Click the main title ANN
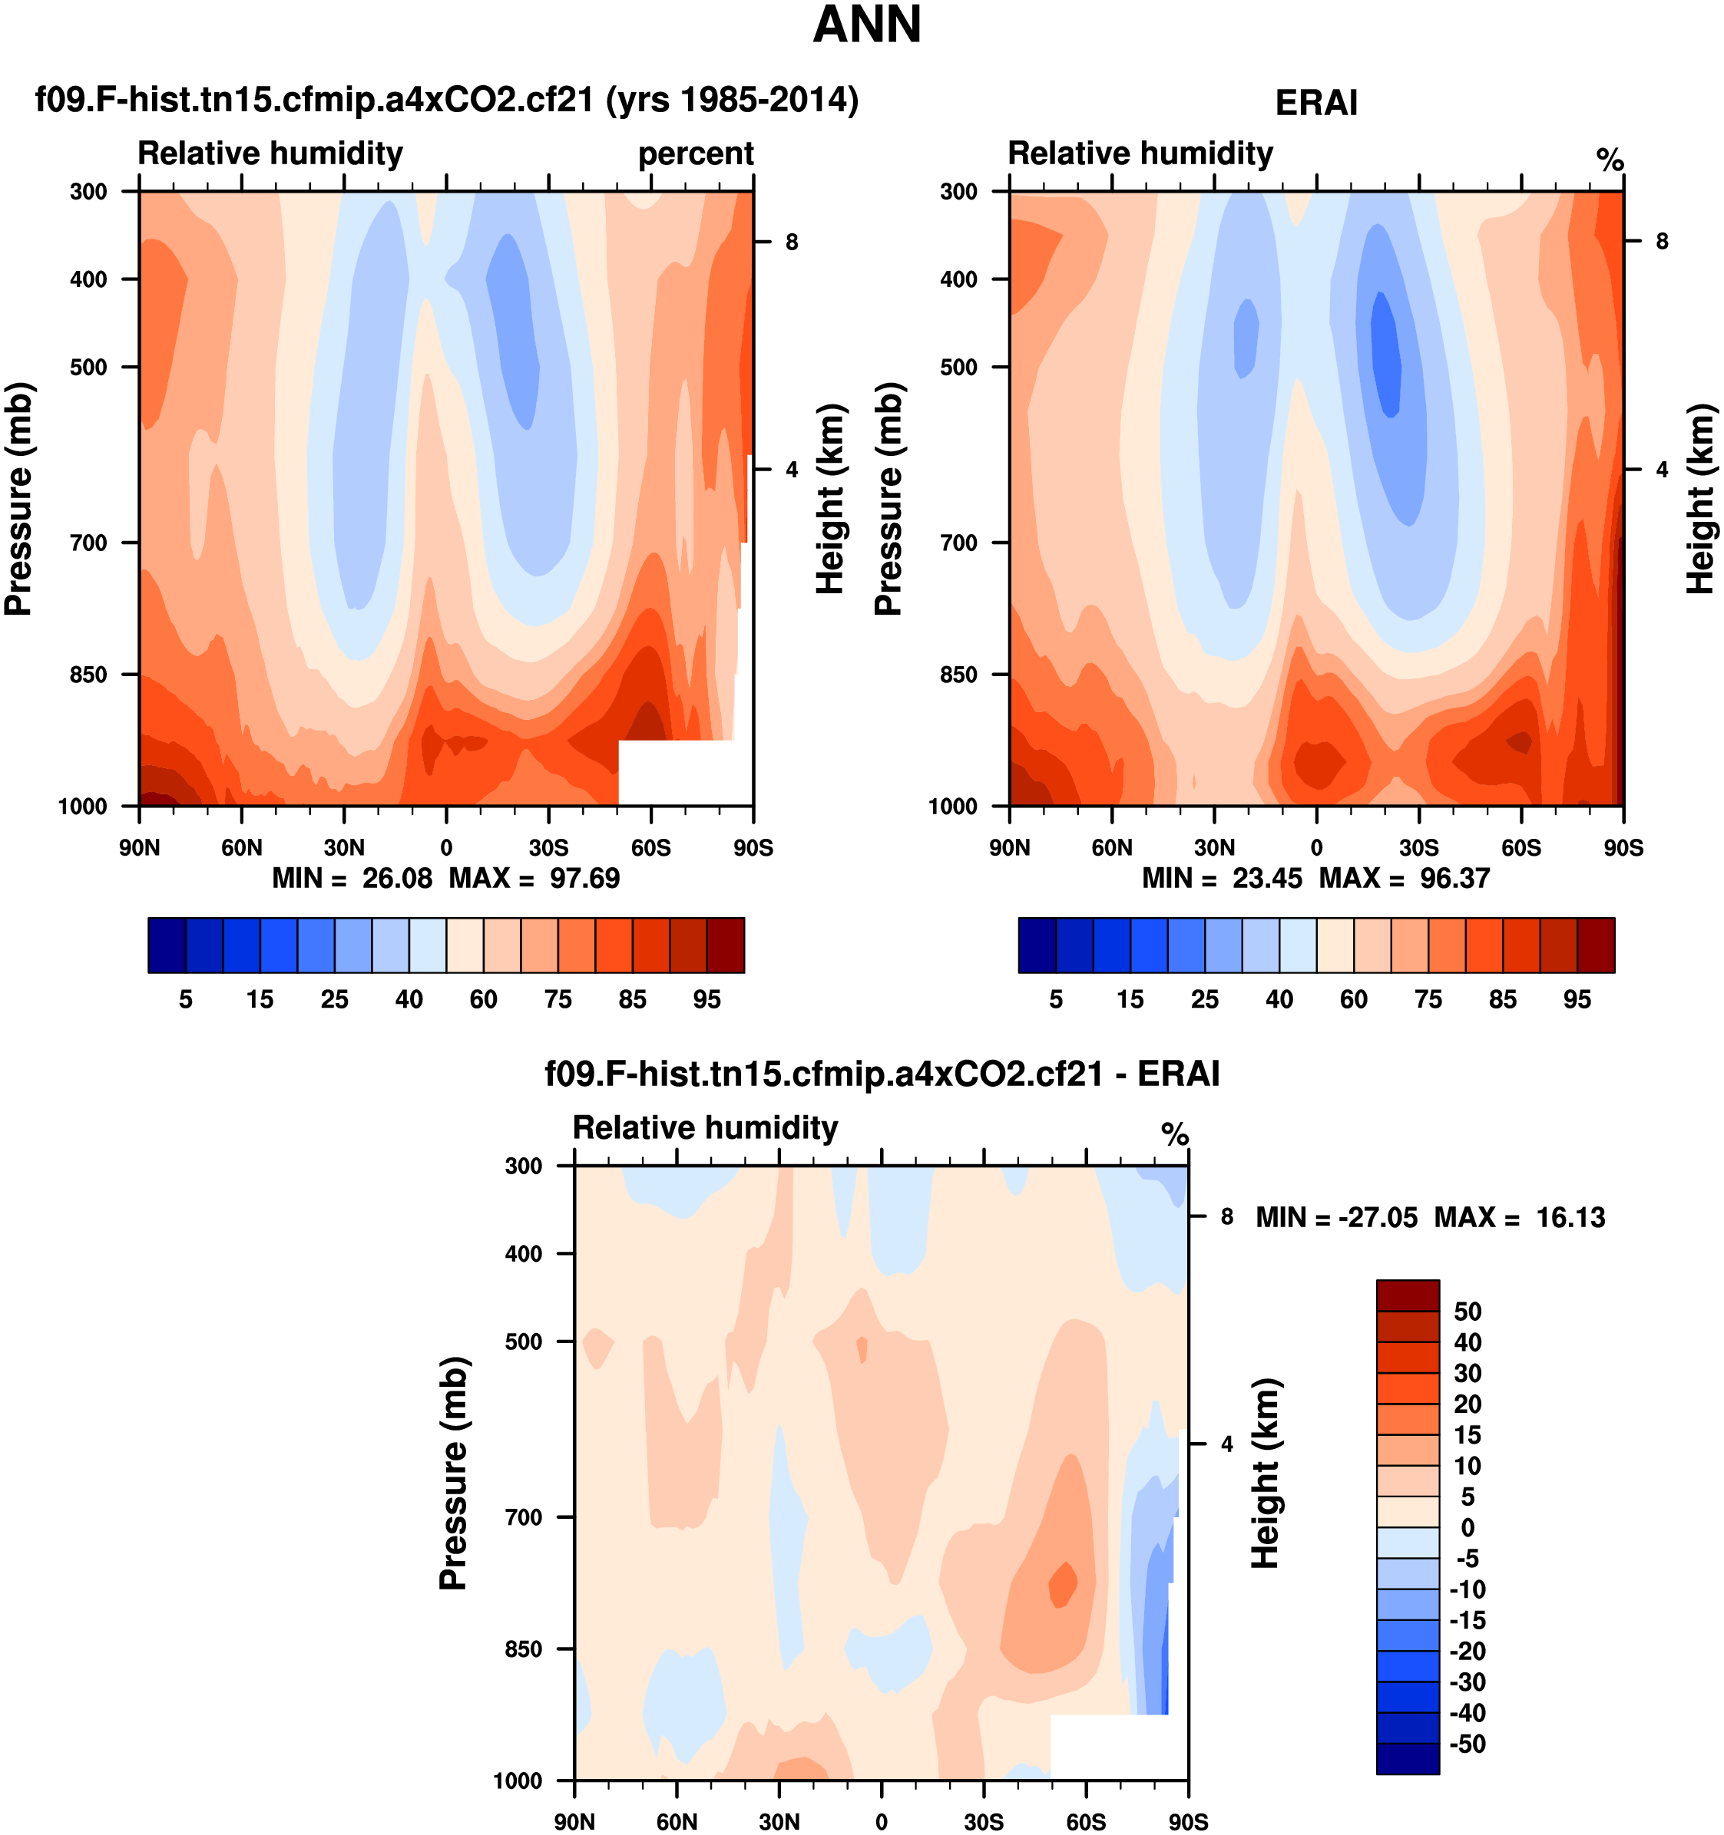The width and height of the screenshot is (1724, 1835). coord(866,25)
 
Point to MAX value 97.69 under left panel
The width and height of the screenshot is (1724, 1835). coord(584,878)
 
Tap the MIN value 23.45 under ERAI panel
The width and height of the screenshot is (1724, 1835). coord(1267,878)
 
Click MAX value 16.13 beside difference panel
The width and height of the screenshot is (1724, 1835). coord(1570,1217)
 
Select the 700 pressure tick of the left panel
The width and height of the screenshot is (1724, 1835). coord(88,543)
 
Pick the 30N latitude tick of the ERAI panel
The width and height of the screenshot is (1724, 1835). coord(1213,847)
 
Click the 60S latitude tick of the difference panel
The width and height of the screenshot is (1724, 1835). coord(1085,1821)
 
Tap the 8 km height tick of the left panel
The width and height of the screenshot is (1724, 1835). coord(792,242)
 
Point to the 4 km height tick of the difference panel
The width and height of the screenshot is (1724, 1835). coord(1226,1444)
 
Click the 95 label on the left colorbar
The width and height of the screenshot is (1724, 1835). coord(706,1000)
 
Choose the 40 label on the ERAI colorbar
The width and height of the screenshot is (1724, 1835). coord(1279,1000)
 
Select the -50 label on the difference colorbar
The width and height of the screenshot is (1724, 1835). coord(1468,1744)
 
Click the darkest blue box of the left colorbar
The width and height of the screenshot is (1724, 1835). coord(166,946)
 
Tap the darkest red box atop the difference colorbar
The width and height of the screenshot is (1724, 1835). coord(1408,1295)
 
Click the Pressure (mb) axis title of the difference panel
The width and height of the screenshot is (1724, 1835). coord(452,1474)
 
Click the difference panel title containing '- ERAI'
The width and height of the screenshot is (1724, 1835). coord(882,1074)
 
